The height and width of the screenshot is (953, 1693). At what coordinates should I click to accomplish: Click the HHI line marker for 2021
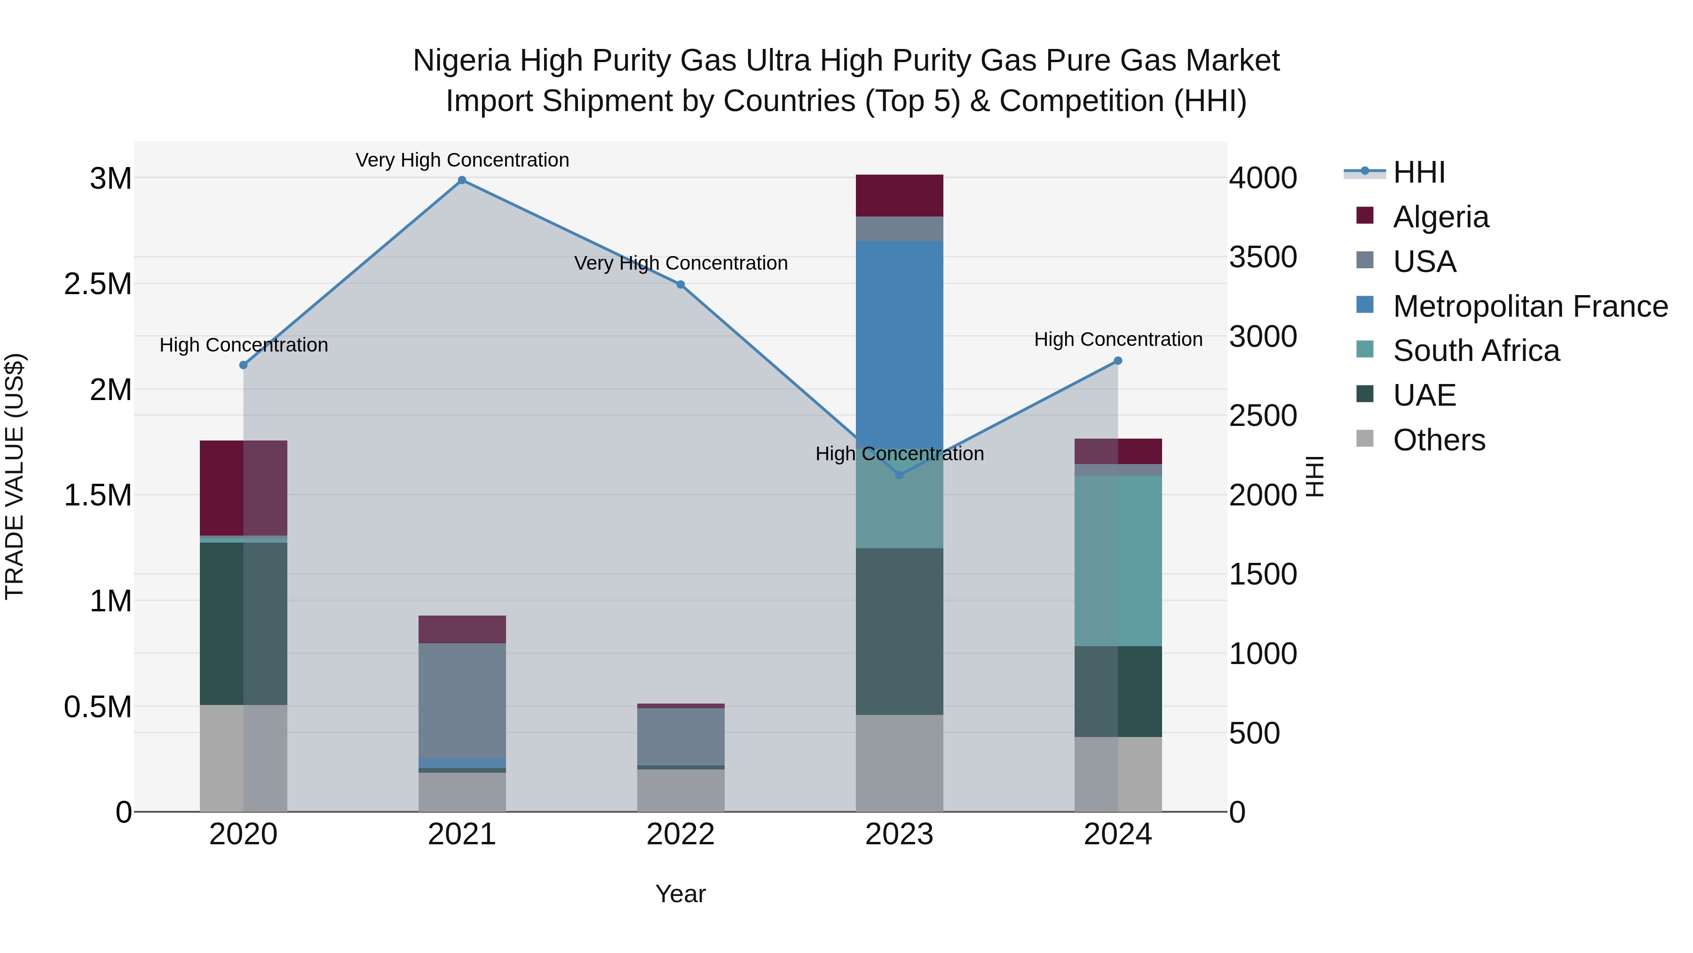pos(462,180)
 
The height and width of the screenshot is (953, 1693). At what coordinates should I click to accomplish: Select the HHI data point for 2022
pos(681,285)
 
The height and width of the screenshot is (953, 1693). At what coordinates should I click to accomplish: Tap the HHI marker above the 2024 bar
pos(1118,361)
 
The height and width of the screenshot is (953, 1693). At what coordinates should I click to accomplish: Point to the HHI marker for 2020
pos(243,365)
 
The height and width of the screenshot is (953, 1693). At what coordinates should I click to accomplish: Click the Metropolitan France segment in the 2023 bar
pos(899,342)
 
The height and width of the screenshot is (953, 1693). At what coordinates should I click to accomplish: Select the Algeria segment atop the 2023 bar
pos(899,195)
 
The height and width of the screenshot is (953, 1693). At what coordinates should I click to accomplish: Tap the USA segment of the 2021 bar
pos(462,700)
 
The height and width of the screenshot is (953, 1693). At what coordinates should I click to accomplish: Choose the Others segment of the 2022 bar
pos(681,791)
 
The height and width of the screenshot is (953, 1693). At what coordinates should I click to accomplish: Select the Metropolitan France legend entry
pos(1529,306)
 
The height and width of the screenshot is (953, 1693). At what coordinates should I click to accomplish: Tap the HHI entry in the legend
pos(1418,172)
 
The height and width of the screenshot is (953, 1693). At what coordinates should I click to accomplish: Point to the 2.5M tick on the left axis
pos(98,284)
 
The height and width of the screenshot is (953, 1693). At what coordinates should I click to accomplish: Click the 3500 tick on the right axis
pos(1263,257)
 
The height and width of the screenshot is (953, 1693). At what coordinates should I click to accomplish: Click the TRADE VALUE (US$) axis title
pos(15,476)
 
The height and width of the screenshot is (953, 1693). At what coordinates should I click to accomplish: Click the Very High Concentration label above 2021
pos(462,160)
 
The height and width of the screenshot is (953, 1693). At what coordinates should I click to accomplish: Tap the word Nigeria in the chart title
pos(461,61)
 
